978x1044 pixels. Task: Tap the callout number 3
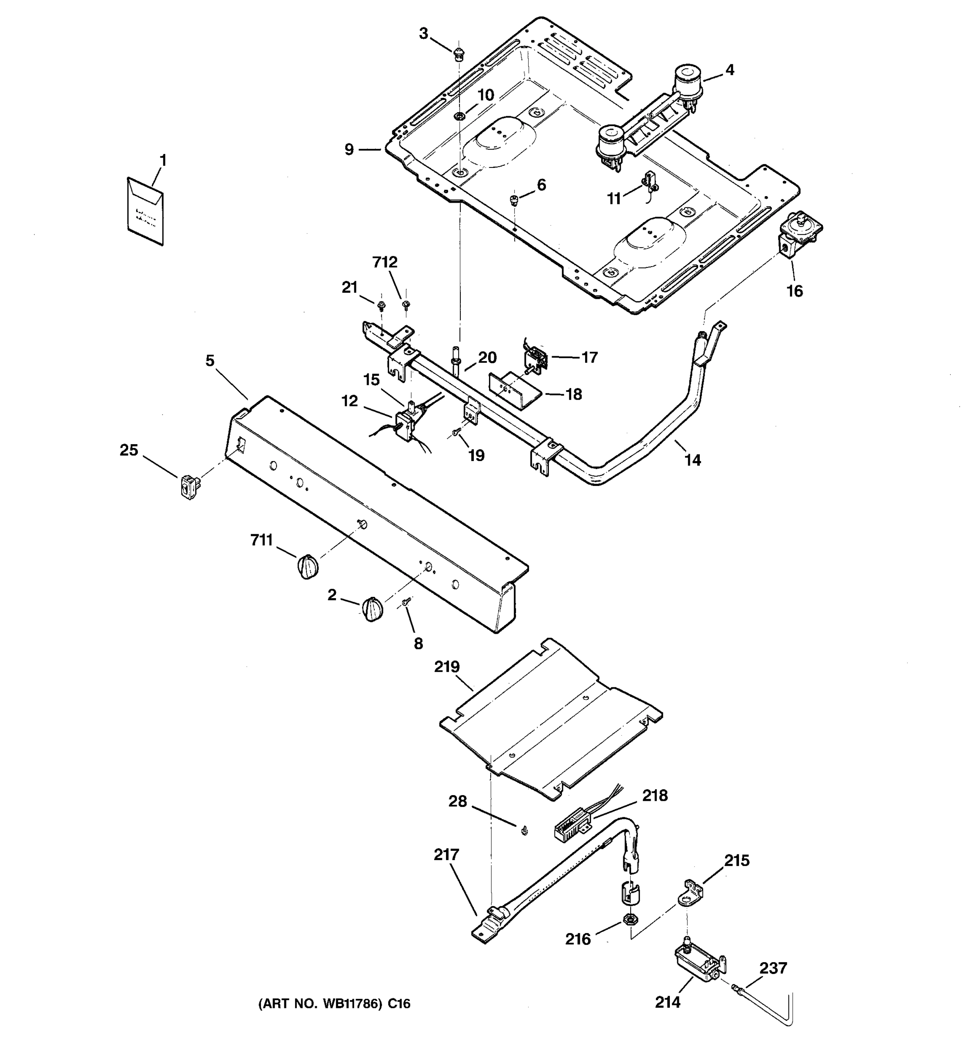423,34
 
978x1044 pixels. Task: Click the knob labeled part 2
372,609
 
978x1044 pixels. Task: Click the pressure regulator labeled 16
798,234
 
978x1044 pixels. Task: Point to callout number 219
446,667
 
